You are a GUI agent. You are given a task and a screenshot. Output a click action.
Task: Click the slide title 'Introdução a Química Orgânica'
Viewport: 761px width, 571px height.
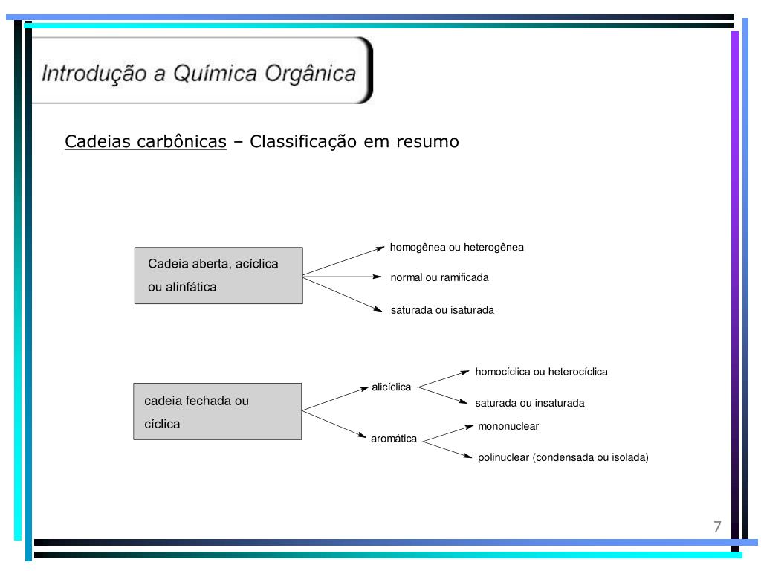coord(198,74)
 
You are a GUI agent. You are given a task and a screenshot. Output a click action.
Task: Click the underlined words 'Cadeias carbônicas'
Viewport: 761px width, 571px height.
coord(146,141)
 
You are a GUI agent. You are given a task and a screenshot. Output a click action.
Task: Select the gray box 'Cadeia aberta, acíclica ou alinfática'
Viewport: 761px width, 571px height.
coord(218,275)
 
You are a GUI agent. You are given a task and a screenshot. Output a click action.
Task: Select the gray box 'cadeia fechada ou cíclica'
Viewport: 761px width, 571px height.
coord(218,411)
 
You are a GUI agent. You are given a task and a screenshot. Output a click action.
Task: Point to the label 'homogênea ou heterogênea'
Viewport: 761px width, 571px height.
coord(456,248)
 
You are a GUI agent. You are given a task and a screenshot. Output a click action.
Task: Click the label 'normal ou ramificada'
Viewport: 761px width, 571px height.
coord(439,277)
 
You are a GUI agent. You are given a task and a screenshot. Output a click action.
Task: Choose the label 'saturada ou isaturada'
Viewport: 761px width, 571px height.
coord(442,310)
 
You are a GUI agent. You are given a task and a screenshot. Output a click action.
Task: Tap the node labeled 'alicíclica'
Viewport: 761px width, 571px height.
coord(391,387)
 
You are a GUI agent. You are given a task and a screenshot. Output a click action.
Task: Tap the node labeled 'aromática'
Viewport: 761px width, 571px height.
coord(394,439)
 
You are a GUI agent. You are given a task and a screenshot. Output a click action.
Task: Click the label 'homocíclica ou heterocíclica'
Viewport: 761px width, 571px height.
coord(541,371)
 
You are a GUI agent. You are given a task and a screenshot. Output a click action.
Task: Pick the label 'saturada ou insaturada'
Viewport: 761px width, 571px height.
coord(530,403)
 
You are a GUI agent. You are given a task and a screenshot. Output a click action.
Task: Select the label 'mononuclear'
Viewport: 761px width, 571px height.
coord(508,426)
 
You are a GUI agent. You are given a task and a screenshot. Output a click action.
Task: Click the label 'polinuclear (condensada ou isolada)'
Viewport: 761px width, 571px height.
coord(563,457)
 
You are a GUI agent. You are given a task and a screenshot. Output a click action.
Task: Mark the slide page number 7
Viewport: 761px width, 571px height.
coord(717,527)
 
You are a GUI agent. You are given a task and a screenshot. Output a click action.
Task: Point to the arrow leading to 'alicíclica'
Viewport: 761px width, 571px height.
coord(336,398)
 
